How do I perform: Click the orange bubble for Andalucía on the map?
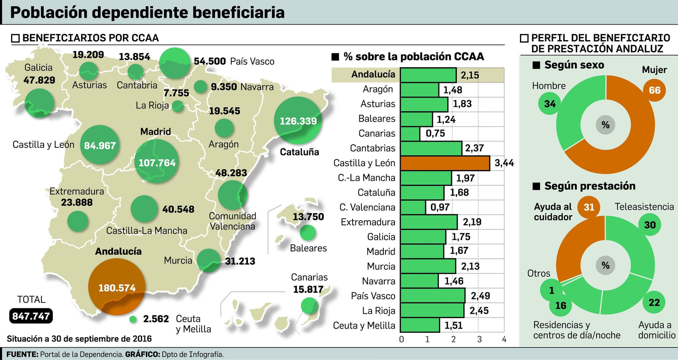117,286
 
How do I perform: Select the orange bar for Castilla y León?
445,163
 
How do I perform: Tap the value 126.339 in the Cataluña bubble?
298,121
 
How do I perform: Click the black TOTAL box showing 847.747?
31,316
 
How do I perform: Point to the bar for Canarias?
410,133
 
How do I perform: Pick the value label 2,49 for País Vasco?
480,296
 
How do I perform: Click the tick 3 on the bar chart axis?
479,339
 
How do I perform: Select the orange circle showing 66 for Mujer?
654,90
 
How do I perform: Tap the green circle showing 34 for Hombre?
550,104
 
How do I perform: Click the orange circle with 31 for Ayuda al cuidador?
589,207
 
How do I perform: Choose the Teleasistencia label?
644,207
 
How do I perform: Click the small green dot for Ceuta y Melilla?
133,319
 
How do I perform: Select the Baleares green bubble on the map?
308,233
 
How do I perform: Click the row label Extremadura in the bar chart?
368,222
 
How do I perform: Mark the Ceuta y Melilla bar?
420,325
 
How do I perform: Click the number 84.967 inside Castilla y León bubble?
100,146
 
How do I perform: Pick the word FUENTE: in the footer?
22,354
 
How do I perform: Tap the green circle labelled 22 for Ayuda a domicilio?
654,302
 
